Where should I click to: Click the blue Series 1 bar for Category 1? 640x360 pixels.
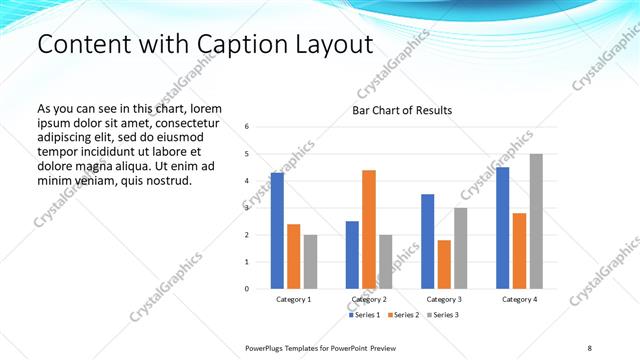[x=277, y=231]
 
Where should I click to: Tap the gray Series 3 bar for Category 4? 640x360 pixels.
[x=536, y=221]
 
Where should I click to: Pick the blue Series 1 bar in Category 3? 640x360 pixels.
[x=427, y=241]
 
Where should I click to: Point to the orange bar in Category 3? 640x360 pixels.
[x=444, y=264]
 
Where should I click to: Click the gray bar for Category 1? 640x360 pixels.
[x=310, y=262]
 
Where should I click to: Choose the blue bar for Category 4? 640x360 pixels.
[x=502, y=228]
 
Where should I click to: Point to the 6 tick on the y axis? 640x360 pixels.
[x=247, y=127]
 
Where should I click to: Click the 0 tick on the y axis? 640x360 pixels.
[x=247, y=289]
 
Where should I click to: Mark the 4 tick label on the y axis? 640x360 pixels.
[x=247, y=181]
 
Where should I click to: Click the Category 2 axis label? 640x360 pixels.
[x=369, y=300]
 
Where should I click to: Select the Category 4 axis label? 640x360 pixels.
[x=519, y=300]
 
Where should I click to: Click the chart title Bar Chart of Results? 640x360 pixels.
[x=402, y=110]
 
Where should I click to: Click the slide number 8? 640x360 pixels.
[x=589, y=346]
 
